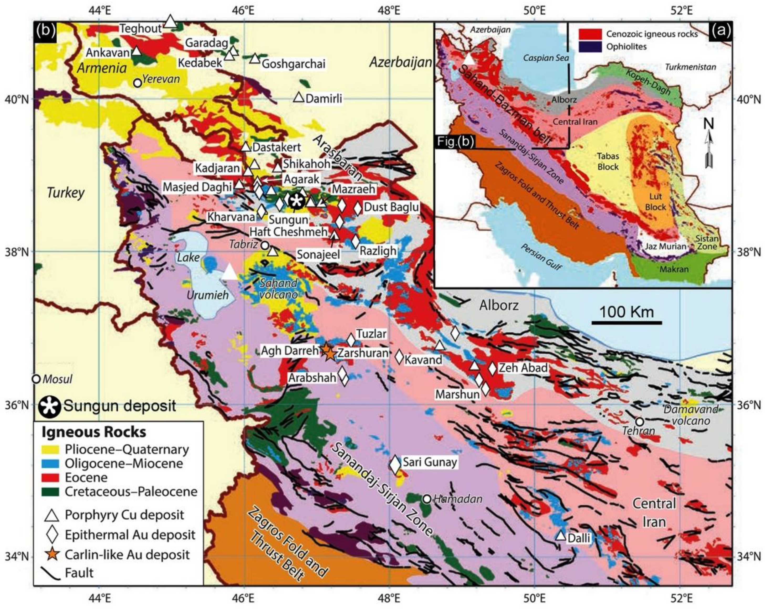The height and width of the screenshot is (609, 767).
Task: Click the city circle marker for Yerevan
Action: pos(138,83)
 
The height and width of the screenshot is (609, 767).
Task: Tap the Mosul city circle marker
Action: pos(36,379)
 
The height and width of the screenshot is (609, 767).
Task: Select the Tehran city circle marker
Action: pos(640,422)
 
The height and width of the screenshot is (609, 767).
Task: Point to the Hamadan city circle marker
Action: pos(427,499)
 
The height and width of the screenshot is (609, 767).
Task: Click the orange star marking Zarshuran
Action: pos(330,354)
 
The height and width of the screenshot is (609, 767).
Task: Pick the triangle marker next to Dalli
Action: pos(561,536)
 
